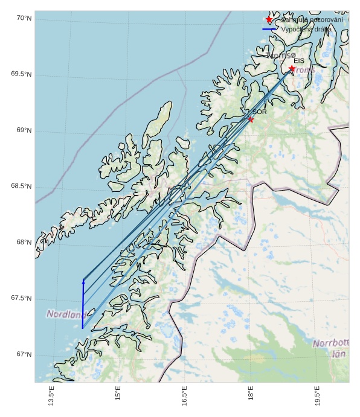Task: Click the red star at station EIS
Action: tap(292, 69)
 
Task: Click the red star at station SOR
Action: tap(251, 119)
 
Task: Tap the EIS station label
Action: tap(299, 61)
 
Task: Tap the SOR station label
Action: tap(260, 112)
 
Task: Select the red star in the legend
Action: tap(269, 20)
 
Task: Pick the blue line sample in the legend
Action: tap(269, 29)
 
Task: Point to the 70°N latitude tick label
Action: tap(24, 19)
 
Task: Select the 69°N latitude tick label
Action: tap(24, 130)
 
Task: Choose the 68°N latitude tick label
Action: tap(24, 242)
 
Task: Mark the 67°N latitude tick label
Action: tap(24, 354)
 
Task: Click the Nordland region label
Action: tap(65, 314)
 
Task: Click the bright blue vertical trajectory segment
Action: tap(83, 305)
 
